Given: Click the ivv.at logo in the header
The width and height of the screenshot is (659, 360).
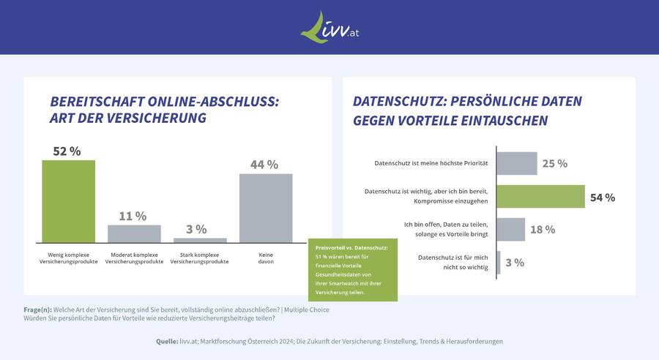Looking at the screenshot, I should (x=329, y=27).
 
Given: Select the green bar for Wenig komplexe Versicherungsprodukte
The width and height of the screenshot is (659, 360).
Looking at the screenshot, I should (x=68, y=201).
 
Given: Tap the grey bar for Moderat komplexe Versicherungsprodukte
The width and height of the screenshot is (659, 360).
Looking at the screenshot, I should (x=134, y=233).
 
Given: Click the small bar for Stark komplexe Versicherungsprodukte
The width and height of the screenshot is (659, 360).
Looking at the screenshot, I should (x=200, y=240).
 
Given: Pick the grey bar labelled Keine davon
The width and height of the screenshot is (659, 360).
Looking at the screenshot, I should (x=266, y=208).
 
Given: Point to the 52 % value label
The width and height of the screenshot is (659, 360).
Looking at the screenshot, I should (x=67, y=151).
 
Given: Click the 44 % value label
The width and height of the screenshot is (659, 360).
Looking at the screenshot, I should (x=264, y=165).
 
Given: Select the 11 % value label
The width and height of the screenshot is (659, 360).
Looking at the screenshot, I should (x=133, y=216).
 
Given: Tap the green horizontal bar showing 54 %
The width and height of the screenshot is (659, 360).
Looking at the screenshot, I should (x=540, y=197).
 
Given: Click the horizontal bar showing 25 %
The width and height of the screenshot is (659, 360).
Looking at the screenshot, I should (x=516, y=163).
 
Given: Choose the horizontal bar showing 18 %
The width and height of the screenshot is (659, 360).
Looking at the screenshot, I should (x=510, y=229).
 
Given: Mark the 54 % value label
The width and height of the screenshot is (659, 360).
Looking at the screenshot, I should (x=603, y=198).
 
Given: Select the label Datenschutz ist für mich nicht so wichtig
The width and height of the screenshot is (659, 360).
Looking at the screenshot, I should (x=452, y=262).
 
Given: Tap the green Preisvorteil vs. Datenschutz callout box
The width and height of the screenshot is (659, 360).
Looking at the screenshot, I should (x=352, y=270).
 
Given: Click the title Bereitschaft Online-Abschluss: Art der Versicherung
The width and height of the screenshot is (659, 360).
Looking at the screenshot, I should (x=164, y=110).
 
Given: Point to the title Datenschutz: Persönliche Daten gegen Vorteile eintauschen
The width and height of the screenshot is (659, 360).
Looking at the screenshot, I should (x=467, y=110).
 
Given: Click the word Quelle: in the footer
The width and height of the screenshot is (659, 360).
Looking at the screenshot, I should (x=167, y=341).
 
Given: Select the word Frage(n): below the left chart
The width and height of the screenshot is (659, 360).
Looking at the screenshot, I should (x=37, y=310).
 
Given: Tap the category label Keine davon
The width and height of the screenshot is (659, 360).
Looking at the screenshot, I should (x=266, y=258).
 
